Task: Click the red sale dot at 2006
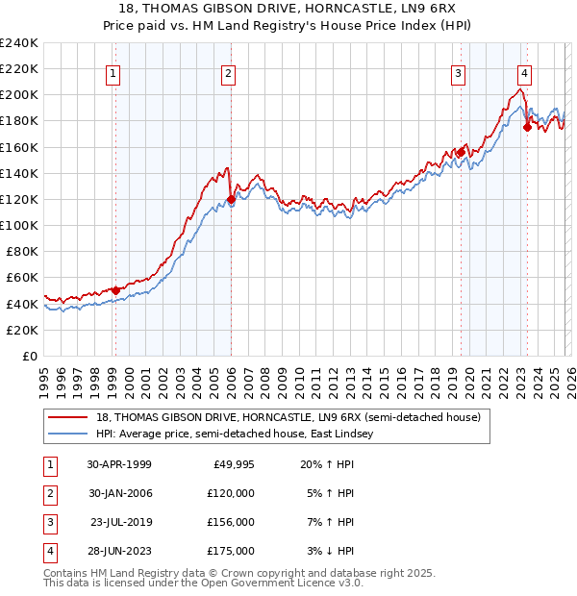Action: click(x=231, y=200)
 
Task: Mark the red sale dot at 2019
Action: click(x=461, y=152)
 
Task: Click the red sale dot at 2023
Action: click(x=527, y=127)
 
